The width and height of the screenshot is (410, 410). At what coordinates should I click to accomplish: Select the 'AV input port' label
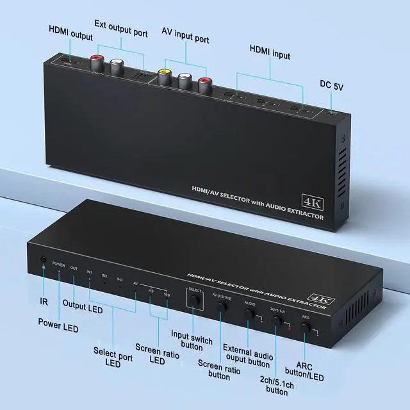pyautogui.click(x=185, y=39)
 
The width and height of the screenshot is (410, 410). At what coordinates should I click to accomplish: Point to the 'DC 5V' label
pyautogui.click(x=332, y=85)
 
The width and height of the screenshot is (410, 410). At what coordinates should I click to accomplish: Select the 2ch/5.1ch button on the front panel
pyautogui.click(x=277, y=321)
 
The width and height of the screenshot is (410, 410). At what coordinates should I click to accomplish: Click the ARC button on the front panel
pyautogui.click(x=307, y=328)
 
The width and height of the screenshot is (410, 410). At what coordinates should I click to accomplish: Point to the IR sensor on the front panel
pyautogui.click(x=43, y=261)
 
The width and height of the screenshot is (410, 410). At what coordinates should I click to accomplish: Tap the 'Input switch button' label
pyautogui.click(x=192, y=340)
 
